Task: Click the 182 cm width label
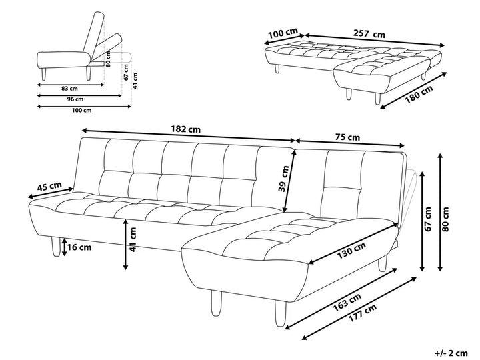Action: click(x=186, y=128)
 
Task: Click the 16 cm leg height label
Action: click(x=79, y=248)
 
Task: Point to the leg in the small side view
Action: click(x=44, y=73)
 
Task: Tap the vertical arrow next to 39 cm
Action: click(x=289, y=175)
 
